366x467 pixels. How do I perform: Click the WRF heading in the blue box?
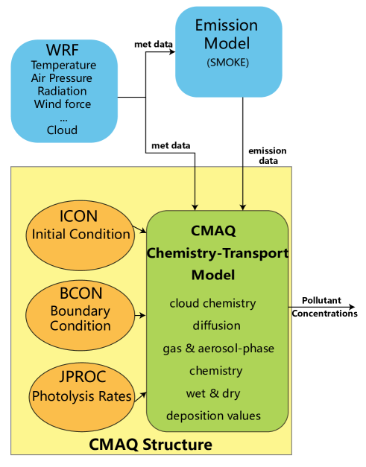[x=63, y=51]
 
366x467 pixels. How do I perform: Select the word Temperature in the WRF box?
[x=63, y=66]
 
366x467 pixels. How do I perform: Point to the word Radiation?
[x=62, y=91]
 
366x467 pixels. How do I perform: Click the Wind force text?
[x=63, y=104]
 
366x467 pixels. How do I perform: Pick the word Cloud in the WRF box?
[x=62, y=130]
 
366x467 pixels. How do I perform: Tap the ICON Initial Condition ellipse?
[x=81, y=226]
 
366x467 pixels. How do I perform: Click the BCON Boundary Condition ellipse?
[x=81, y=311]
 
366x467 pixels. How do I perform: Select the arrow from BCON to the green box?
[x=140, y=316]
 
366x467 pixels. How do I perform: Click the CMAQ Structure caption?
[x=151, y=445]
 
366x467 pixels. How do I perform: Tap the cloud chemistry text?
[x=212, y=303]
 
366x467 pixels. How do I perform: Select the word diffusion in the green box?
[x=216, y=325]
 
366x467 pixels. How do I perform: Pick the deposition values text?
[x=213, y=416]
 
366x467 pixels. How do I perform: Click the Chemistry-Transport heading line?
[x=217, y=252]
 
